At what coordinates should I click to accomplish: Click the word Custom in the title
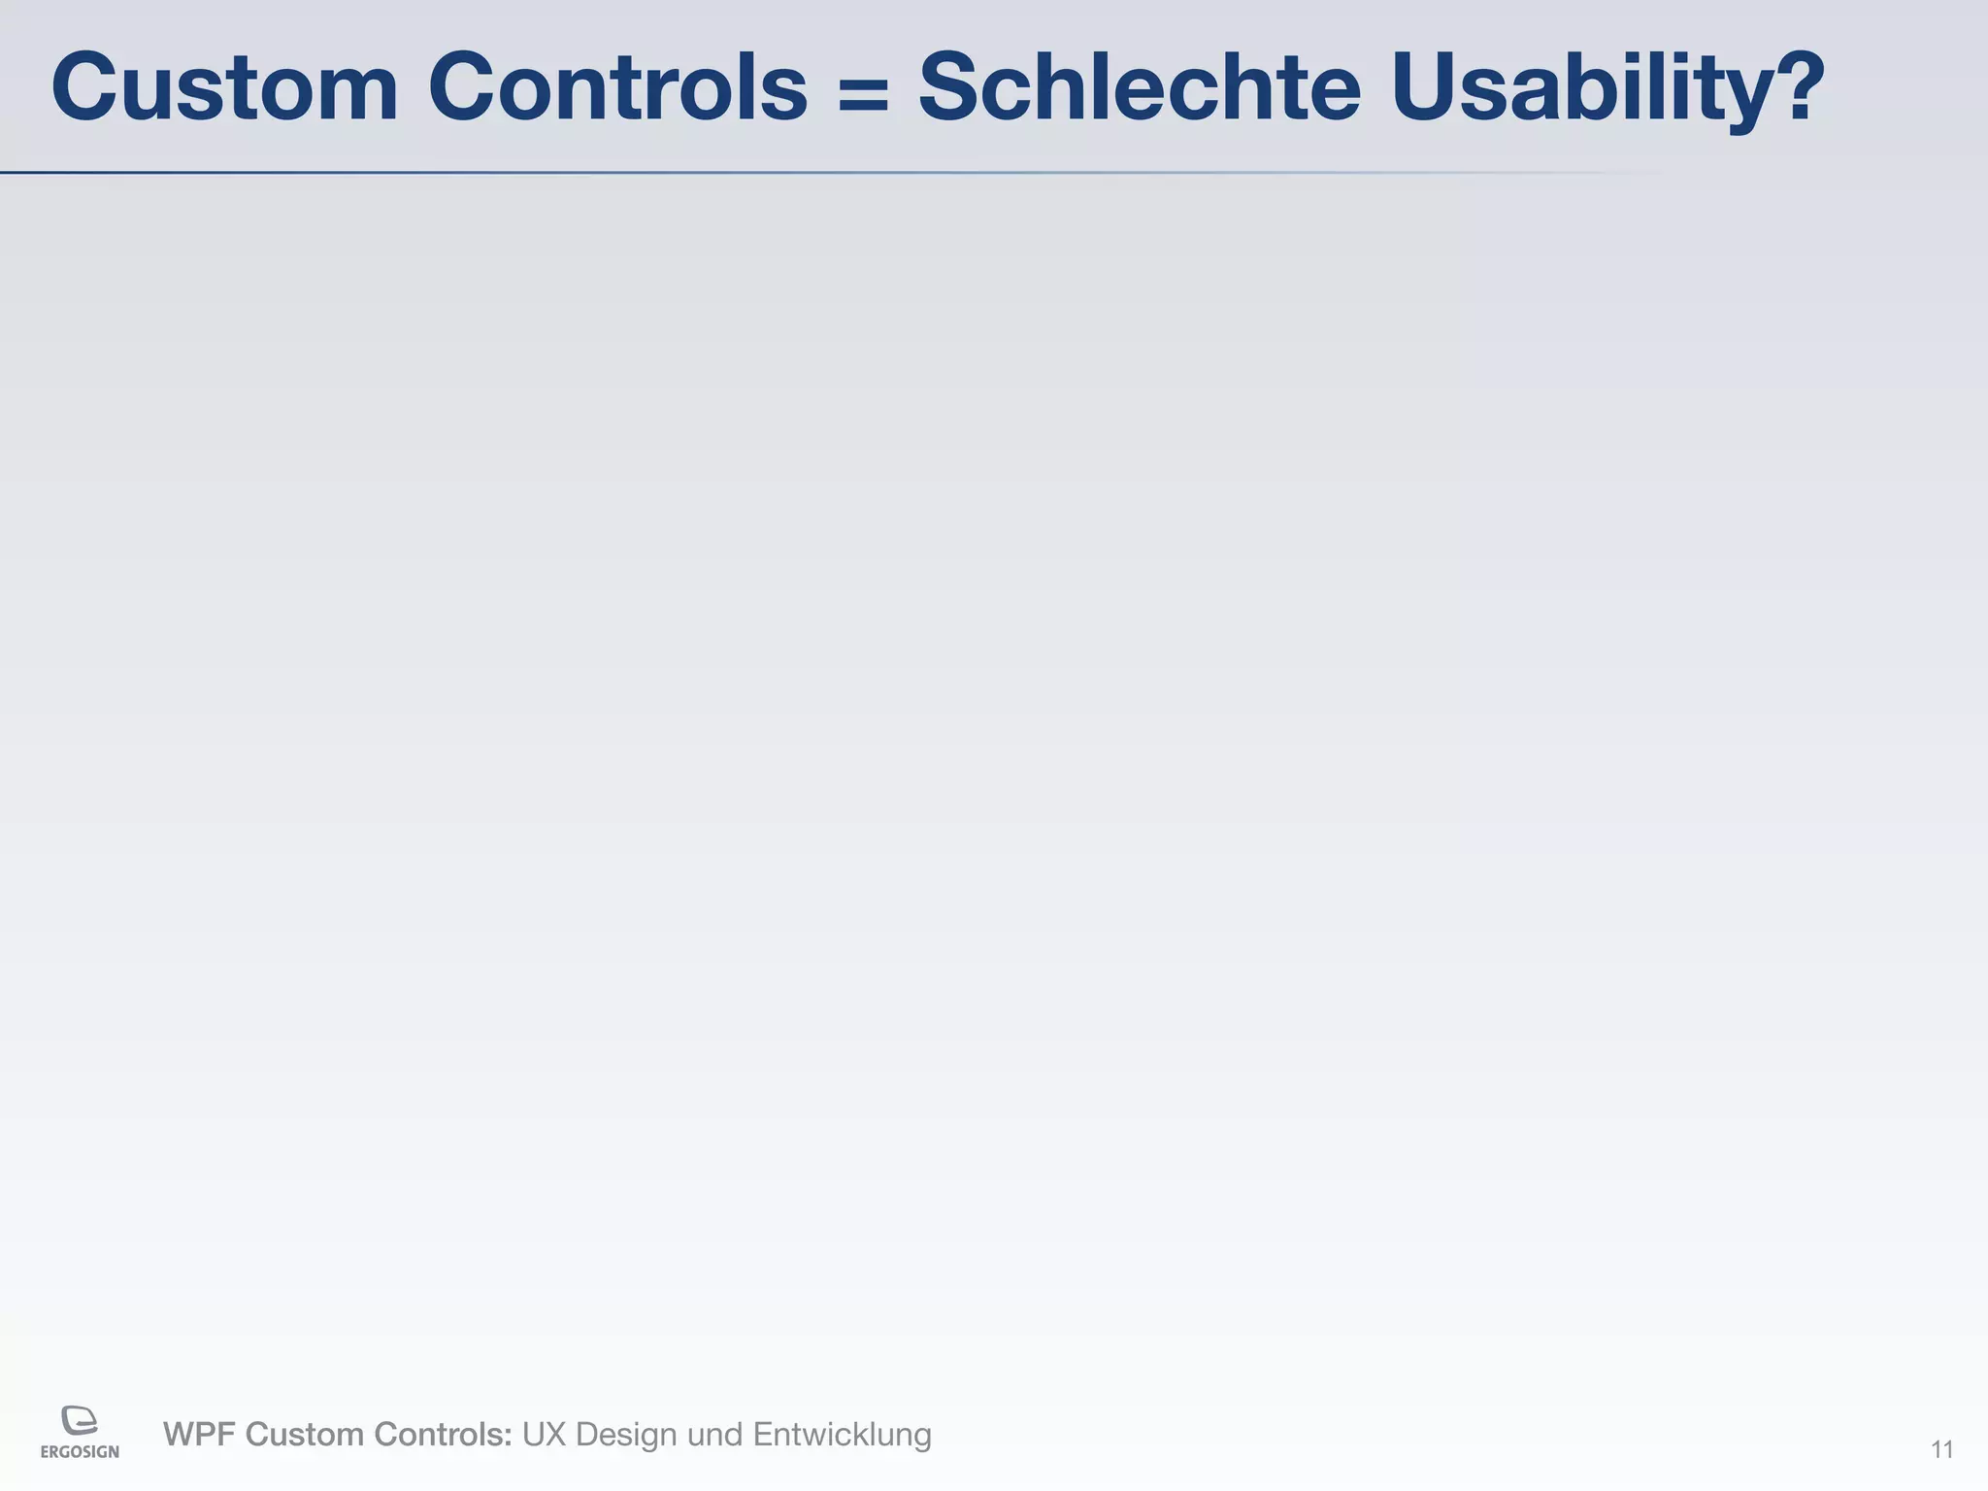224,87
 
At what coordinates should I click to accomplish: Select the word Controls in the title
617,87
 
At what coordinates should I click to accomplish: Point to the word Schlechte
1140,87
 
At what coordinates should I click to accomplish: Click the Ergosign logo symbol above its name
80,1420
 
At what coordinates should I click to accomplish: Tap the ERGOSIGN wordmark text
80,1452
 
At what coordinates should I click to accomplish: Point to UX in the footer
545,1434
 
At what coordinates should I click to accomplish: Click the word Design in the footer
627,1435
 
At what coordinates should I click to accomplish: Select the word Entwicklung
842,1435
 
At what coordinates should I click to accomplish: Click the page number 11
1941,1450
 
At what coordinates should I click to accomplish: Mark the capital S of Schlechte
956,87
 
